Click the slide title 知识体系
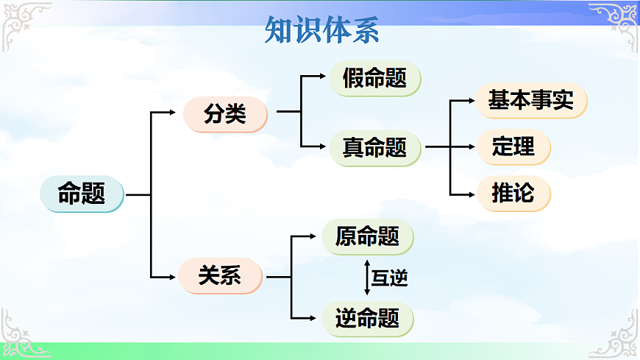(x=321, y=32)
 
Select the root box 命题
(x=81, y=194)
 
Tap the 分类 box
(x=225, y=114)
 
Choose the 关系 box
(x=220, y=276)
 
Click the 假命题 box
(x=374, y=78)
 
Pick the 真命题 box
(x=374, y=147)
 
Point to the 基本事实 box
(x=531, y=100)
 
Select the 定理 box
(x=513, y=147)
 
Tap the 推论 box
(x=513, y=194)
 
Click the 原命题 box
(x=367, y=236)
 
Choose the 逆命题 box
(x=367, y=318)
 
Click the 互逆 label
(x=389, y=278)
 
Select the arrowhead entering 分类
(x=172, y=113)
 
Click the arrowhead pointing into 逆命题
(x=317, y=318)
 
